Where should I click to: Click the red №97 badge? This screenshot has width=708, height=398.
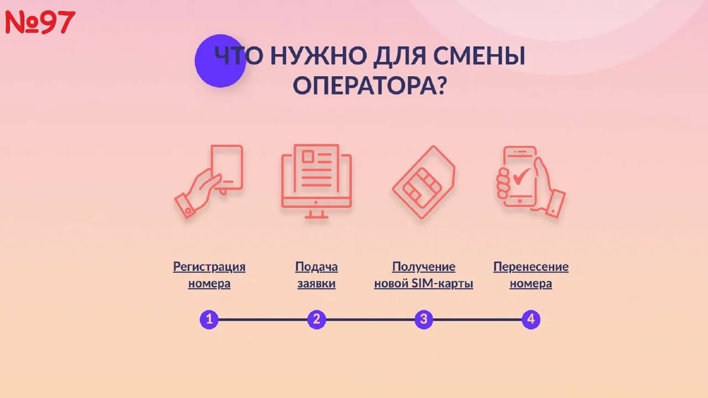pyautogui.click(x=40, y=22)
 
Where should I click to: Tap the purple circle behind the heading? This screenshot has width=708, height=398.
pyautogui.click(x=220, y=61)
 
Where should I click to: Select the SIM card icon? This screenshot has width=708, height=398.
pyautogui.click(x=424, y=182)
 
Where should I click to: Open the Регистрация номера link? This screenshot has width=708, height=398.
pyautogui.click(x=209, y=275)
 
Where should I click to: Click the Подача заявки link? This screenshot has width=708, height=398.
pyautogui.click(x=316, y=275)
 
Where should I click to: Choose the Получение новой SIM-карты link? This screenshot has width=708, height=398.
pyautogui.click(x=424, y=275)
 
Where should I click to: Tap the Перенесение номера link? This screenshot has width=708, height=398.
pyautogui.click(x=531, y=275)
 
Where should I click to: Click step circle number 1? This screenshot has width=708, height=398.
pyautogui.click(x=209, y=320)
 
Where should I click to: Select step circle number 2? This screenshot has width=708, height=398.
pyautogui.click(x=316, y=320)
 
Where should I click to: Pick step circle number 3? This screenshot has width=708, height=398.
pyautogui.click(x=424, y=320)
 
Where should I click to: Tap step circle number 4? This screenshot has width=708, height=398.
pyautogui.click(x=531, y=320)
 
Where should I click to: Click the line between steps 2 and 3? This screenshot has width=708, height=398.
pyautogui.click(x=370, y=320)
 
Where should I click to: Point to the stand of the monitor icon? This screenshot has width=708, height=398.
pyautogui.click(x=316, y=213)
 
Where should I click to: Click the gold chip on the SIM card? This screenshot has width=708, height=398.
pyautogui.click(x=422, y=186)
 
